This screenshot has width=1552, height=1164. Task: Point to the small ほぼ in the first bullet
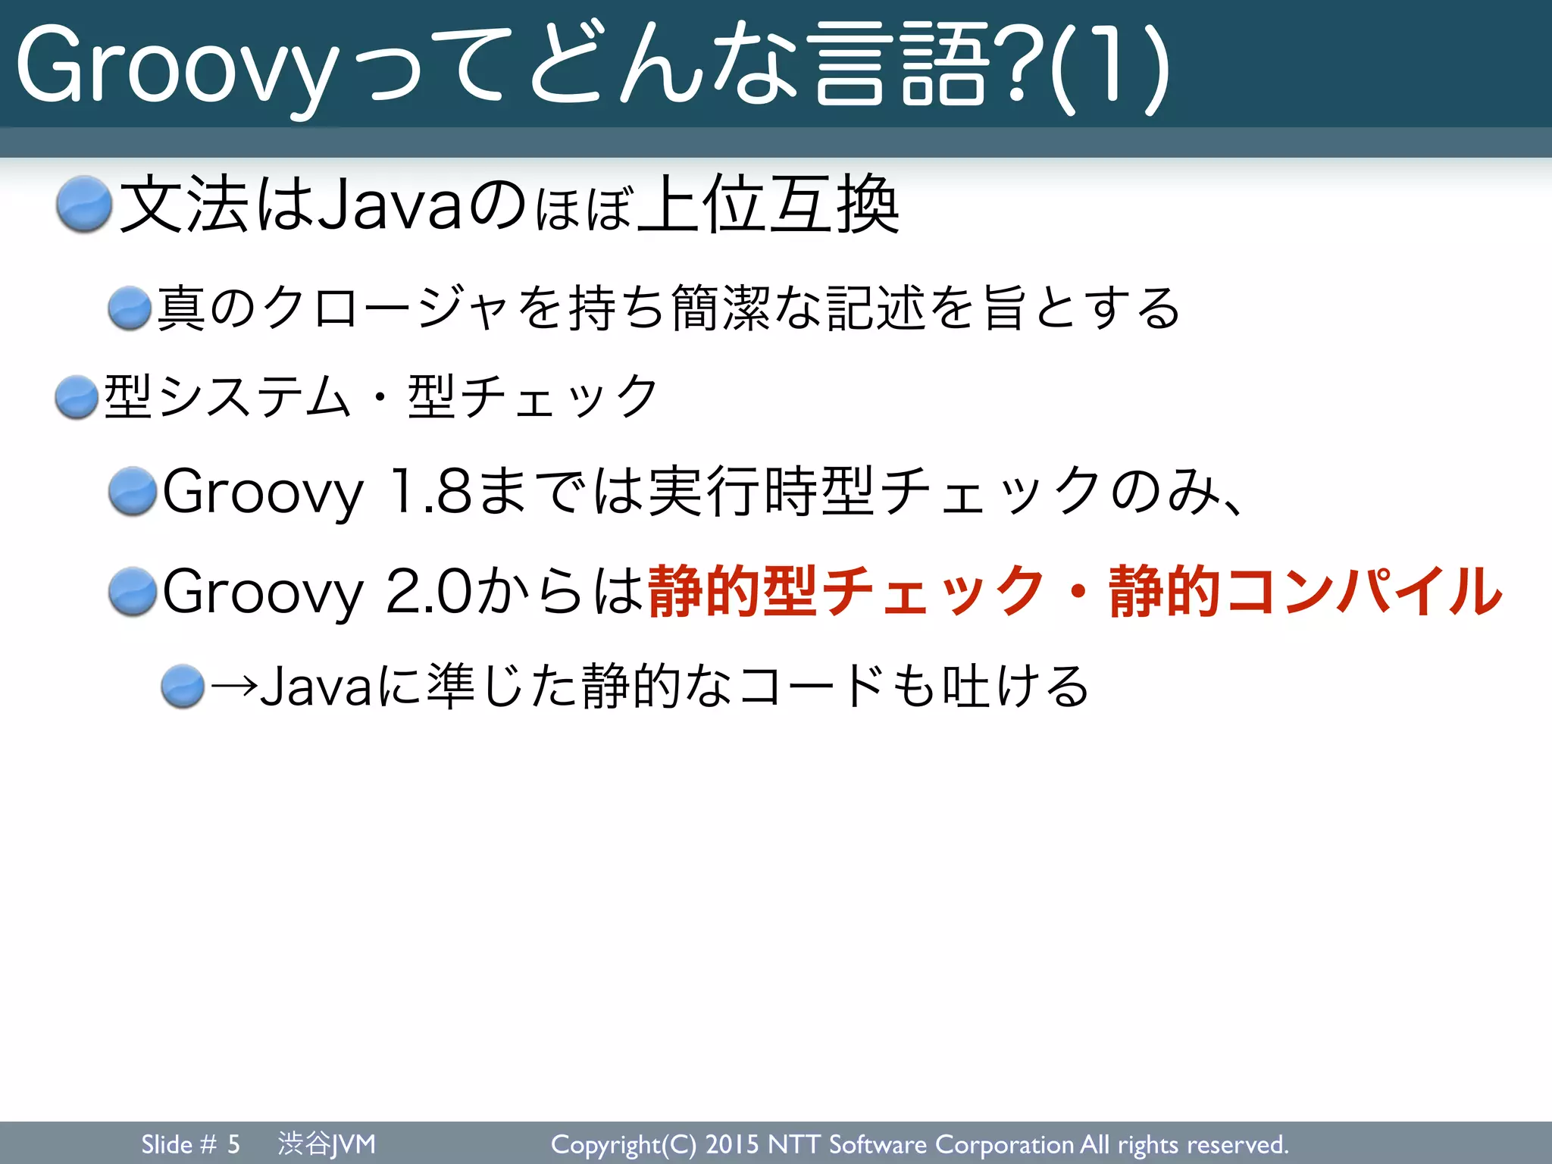(x=583, y=209)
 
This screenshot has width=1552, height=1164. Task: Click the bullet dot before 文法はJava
(x=84, y=203)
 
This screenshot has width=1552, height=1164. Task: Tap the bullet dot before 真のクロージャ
(x=130, y=308)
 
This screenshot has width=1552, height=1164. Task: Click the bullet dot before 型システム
(x=77, y=396)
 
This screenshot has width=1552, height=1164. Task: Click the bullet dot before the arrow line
(x=183, y=687)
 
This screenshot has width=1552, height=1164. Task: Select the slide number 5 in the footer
(x=233, y=1144)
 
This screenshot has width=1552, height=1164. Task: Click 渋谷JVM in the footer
(x=327, y=1144)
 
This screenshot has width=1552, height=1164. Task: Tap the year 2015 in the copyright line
(x=733, y=1144)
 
